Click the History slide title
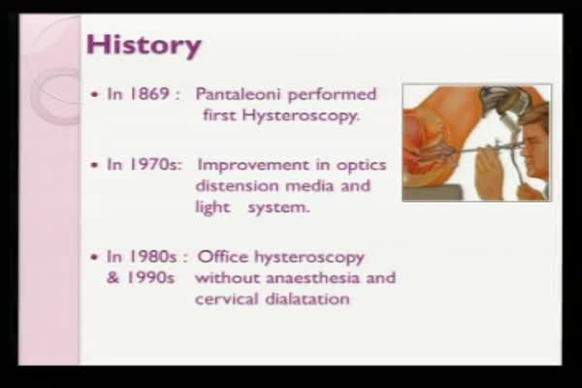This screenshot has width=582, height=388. [x=144, y=46]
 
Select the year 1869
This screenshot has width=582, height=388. [x=149, y=94]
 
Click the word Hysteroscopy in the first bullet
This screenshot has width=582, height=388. [x=301, y=115]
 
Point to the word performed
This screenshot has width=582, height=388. [x=332, y=95]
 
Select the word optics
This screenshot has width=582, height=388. [x=361, y=166]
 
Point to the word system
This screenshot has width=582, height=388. [x=278, y=208]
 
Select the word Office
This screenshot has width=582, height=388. [x=223, y=256]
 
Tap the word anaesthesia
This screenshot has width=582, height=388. [x=313, y=277]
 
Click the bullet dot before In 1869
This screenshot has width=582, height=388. [x=95, y=95]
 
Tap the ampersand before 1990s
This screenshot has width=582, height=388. [x=113, y=277]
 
